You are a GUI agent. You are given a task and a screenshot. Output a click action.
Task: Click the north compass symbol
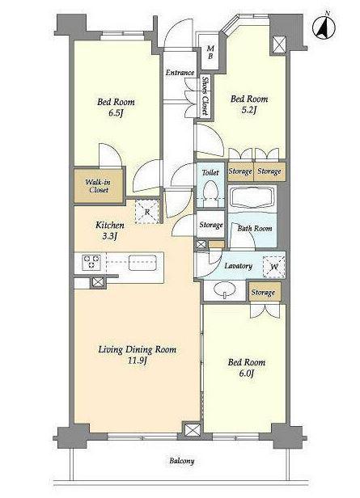click(x=324, y=27)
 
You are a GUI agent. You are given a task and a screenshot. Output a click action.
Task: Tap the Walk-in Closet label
click(x=98, y=186)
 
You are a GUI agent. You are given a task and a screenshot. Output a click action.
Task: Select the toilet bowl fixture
click(x=210, y=190)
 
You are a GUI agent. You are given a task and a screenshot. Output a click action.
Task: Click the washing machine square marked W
click(x=274, y=267)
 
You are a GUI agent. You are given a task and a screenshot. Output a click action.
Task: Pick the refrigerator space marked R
click(x=146, y=212)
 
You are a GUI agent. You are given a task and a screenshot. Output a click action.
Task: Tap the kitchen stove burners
click(x=92, y=262)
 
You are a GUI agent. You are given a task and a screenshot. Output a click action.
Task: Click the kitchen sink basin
click(x=142, y=262)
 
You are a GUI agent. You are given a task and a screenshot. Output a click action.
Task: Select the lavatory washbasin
click(x=225, y=290)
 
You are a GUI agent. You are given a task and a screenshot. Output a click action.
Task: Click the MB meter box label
click(x=210, y=53)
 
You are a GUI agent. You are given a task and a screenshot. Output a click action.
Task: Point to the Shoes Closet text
click(x=205, y=96)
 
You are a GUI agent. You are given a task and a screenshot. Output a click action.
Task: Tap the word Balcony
click(x=182, y=461)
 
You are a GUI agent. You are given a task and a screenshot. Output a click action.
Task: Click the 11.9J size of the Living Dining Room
click(x=137, y=361)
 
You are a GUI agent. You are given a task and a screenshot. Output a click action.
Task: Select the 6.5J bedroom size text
click(x=116, y=113)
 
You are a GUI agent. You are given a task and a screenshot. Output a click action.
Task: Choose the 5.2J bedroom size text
click(x=249, y=110)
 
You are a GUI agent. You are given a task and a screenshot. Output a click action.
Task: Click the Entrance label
click(x=180, y=73)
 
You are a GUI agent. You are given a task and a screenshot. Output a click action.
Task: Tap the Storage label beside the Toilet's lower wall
click(x=211, y=226)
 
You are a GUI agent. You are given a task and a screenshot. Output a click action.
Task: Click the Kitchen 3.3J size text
click(x=110, y=236)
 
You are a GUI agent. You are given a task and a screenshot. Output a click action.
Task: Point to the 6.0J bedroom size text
click(x=247, y=373)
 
